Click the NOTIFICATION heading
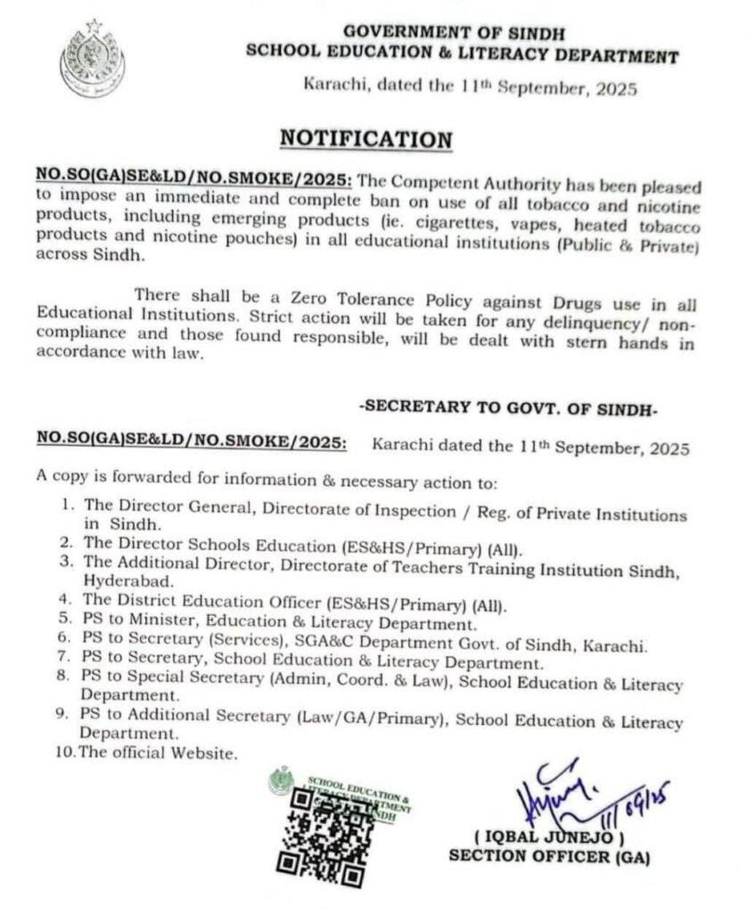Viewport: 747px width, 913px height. pyautogui.click(x=366, y=139)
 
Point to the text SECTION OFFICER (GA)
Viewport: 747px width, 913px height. pyautogui.click(x=549, y=858)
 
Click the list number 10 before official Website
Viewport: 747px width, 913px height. pyautogui.click(x=66, y=752)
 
